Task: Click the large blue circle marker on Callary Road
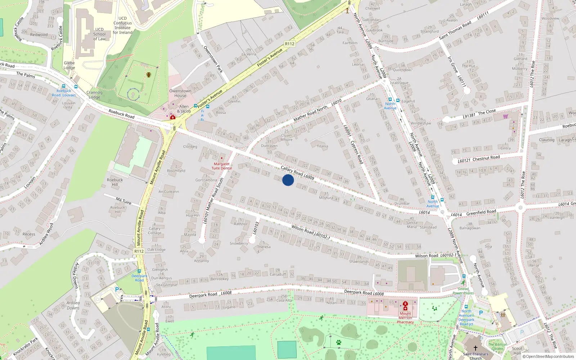point(288,180)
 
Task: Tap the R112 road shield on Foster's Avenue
point(289,44)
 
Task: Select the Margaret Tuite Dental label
point(221,166)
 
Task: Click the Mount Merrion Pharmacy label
point(405,318)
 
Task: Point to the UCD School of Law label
point(99,34)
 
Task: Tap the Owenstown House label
point(180,93)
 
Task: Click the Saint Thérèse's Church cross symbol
point(475,348)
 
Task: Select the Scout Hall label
point(517,351)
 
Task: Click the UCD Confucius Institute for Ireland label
point(122,25)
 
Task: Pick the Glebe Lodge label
point(69,65)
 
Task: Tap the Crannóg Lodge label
point(94,95)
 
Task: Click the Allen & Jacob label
point(184,109)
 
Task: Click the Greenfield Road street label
point(481,212)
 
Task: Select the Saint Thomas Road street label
point(455,30)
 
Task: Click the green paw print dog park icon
point(338,342)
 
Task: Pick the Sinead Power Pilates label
point(463,291)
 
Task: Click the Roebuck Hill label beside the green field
point(115,182)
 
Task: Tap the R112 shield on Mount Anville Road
point(139,251)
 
